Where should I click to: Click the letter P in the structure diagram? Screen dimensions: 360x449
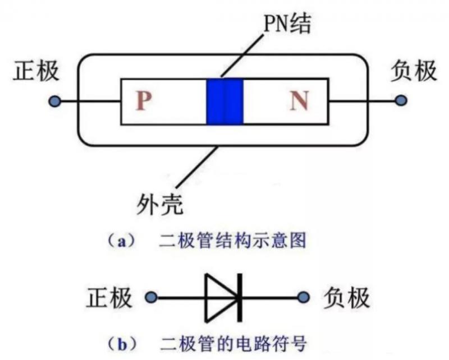[144, 101]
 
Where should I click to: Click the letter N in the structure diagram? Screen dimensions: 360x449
[299, 101]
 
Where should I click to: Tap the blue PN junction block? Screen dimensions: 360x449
[224, 101]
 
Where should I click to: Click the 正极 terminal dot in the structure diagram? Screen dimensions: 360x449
[54, 101]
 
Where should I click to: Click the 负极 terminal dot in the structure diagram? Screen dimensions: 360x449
[400, 101]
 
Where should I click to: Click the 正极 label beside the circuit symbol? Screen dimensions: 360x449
[109, 297]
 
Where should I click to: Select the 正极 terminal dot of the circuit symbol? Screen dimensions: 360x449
[150, 297]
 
